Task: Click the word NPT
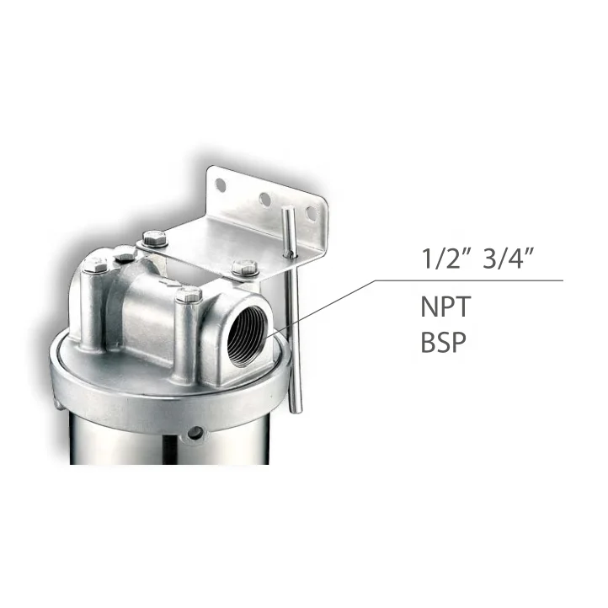pyautogui.click(x=442, y=307)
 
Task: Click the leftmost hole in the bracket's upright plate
pyautogui.click(x=221, y=184)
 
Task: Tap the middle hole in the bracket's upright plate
pyautogui.click(x=264, y=199)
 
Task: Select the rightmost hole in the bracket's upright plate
pyautogui.click(x=309, y=214)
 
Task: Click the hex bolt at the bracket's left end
pyautogui.click(x=152, y=239)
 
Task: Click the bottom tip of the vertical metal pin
pyautogui.click(x=294, y=409)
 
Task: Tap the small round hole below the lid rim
pyautogui.click(x=195, y=434)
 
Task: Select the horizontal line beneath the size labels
pyautogui.click(x=472, y=280)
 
